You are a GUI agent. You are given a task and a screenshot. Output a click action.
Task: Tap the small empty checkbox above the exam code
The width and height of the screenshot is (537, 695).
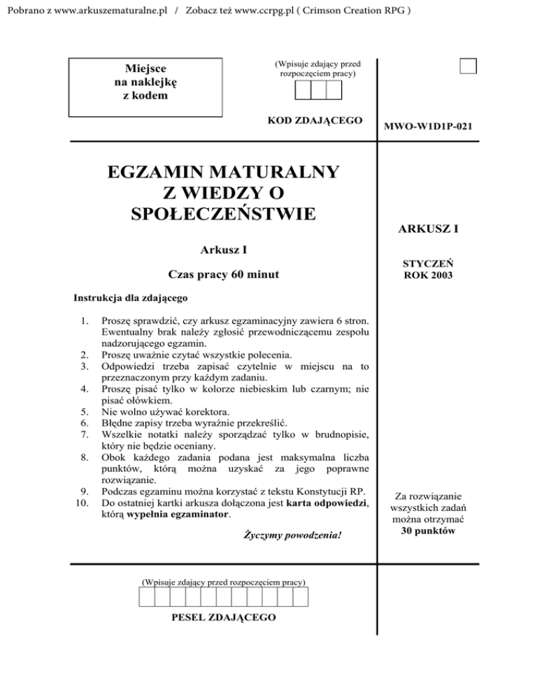click(468, 66)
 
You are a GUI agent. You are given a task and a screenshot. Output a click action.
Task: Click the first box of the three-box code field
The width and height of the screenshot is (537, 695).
click(303, 90)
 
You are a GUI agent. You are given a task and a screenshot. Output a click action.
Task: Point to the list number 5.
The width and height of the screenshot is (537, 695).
click(85, 411)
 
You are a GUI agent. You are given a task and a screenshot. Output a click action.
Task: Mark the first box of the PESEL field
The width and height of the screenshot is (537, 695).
click(146, 596)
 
